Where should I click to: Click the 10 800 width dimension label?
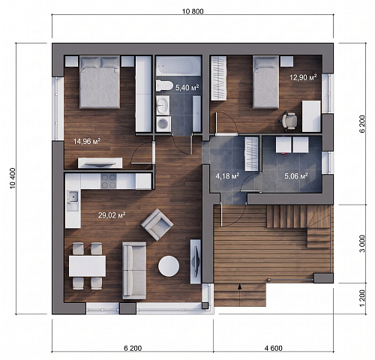(x=193, y=11)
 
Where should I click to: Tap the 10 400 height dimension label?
(x=13, y=178)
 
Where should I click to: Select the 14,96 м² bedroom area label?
(x=87, y=142)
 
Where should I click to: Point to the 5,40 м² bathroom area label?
(x=187, y=88)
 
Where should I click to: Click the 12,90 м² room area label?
(x=303, y=77)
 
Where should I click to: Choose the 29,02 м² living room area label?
(x=112, y=215)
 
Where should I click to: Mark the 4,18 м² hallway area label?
(x=227, y=176)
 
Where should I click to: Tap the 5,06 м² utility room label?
(x=296, y=176)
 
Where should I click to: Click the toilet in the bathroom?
(x=164, y=86)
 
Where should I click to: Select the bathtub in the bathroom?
(x=178, y=65)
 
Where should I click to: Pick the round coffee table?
(x=169, y=266)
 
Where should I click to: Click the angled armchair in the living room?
(x=157, y=224)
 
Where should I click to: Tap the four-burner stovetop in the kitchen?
(x=109, y=181)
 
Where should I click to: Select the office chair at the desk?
(x=290, y=121)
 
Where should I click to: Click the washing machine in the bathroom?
(x=163, y=124)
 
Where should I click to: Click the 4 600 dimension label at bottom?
(x=273, y=348)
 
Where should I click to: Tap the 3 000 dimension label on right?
(x=362, y=244)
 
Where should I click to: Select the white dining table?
(x=87, y=266)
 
